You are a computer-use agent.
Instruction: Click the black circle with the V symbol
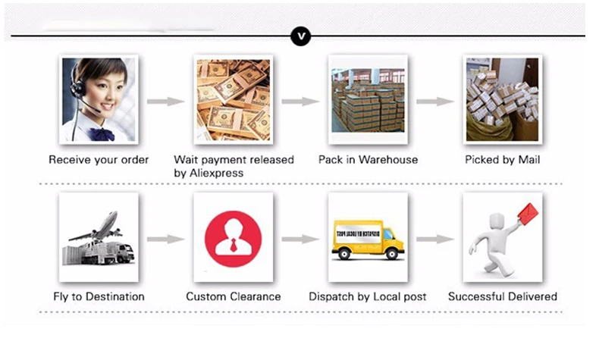pos(301,36)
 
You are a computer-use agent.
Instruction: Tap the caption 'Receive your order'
pos(99,160)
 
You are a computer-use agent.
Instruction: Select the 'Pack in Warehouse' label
pos(368,160)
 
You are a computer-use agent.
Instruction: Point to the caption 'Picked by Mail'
pos(502,160)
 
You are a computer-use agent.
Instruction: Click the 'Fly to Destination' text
pos(99,296)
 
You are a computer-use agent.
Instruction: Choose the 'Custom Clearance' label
pos(234,296)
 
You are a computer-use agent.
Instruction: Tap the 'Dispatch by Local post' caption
pos(368,296)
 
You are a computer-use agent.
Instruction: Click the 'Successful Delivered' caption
pos(502,296)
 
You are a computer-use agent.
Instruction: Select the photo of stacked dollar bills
pos(233,99)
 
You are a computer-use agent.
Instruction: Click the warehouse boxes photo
pos(368,99)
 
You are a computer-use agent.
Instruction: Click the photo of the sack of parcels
pos(502,99)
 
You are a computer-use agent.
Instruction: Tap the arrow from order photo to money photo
pos(165,101)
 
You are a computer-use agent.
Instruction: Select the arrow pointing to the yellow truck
pos(300,239)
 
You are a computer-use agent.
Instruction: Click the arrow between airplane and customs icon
pos(165,239)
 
